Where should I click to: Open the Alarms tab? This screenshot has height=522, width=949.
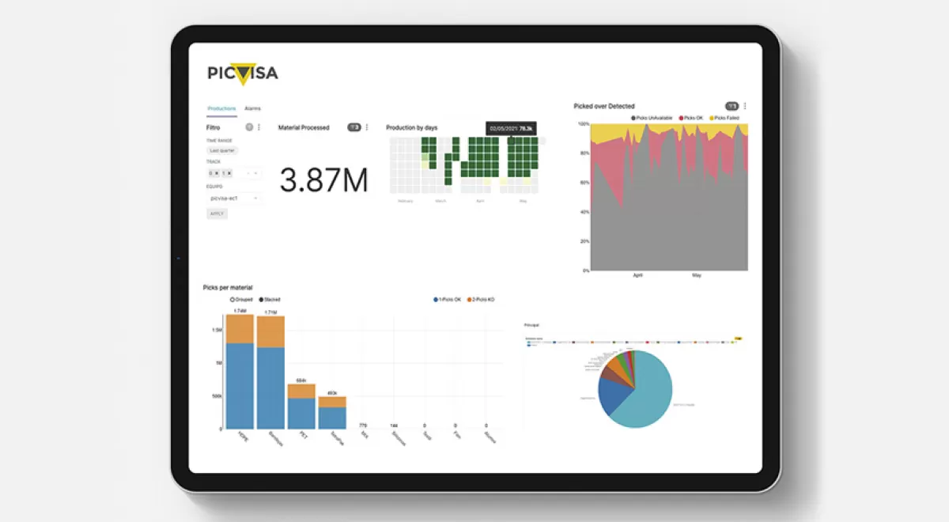[x=252, y=108]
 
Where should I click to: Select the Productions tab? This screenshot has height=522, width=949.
[x=221, y=108]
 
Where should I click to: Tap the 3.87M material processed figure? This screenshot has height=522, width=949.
[x=323, y=180]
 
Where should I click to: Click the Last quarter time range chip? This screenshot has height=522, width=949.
[x=221, y=150]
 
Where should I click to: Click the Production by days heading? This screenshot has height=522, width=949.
[x=411, y=127]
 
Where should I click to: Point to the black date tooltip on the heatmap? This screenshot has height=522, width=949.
[x=512, y=128]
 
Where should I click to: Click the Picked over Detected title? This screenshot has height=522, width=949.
[x=604, y=106]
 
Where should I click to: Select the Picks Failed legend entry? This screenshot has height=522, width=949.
[x=725, y=118]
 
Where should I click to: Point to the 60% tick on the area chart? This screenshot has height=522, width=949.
[x=585, y=183]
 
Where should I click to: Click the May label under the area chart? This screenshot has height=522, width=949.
[x=697, y=276]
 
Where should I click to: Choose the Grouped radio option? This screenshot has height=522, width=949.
[x=244, y=300]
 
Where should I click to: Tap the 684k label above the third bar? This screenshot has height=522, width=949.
[x=301, y=380]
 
